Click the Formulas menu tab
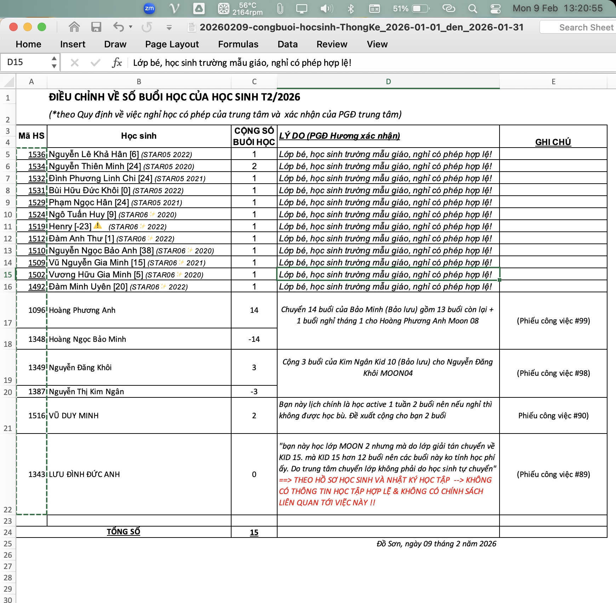(238, 44)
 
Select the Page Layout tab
(172, 44)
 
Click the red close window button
(13, 27)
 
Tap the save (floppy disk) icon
(96, 27)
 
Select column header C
(254, 82)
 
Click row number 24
(8, 532)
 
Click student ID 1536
(37, 154)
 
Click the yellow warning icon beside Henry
(98, 225)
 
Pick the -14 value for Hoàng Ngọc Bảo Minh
(254, 339)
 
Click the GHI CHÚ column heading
(553, 142)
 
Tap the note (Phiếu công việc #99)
(553, 321)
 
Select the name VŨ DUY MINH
(74, 415)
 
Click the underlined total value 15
(254, 532)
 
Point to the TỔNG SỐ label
(123, 532)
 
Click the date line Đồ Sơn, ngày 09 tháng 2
(436, 544)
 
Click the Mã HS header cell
(32, 136)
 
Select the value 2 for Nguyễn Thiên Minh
(254, 166)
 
